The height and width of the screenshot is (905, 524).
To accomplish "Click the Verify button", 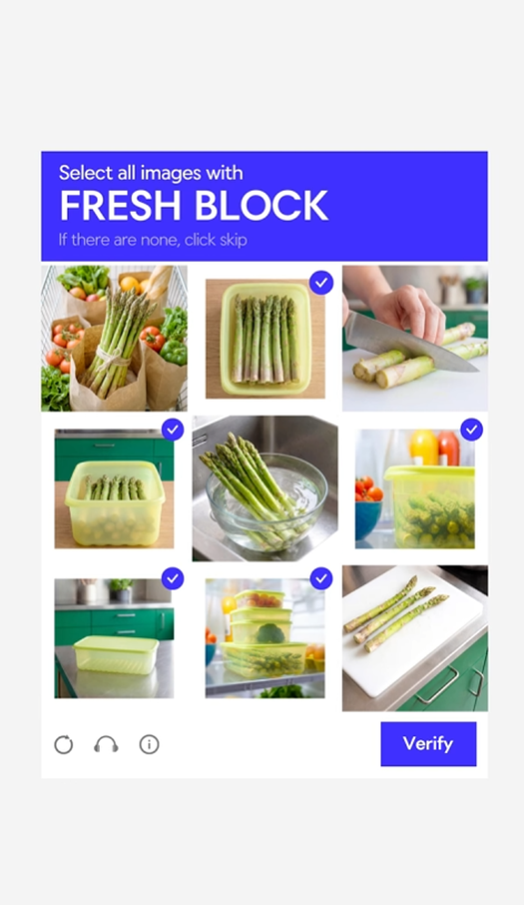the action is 428,744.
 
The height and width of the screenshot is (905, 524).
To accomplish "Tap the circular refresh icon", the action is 64,745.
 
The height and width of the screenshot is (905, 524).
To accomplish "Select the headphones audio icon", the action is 106,745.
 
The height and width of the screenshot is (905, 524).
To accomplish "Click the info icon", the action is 149,745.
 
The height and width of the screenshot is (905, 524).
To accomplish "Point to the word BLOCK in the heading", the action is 262,206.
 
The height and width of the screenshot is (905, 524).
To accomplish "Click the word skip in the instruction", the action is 233,240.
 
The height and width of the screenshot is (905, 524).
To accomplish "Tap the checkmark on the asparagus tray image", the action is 321,283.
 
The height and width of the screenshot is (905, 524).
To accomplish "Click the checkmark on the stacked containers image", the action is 321,579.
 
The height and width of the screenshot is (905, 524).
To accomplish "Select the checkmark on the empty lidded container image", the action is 172,579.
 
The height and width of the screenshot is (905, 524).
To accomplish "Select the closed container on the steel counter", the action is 116,655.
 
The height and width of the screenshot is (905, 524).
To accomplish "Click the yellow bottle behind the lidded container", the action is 424,447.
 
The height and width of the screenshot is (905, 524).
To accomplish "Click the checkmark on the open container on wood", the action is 173,430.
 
